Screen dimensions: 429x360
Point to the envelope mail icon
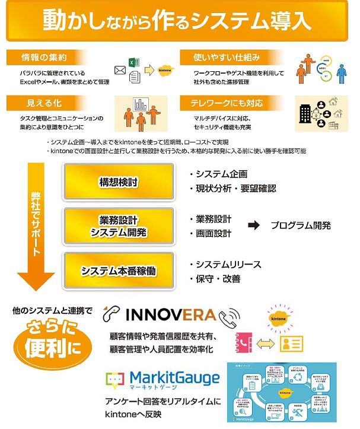(x=120, y=71)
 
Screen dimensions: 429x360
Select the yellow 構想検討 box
(x=119, y=182)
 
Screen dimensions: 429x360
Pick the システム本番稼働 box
(x=119, y=271)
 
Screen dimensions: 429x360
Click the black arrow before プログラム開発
(x=254, y=225)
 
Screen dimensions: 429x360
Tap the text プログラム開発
(x=301, y=225)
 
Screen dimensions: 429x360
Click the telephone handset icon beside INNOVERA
(x=228, y=317)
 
